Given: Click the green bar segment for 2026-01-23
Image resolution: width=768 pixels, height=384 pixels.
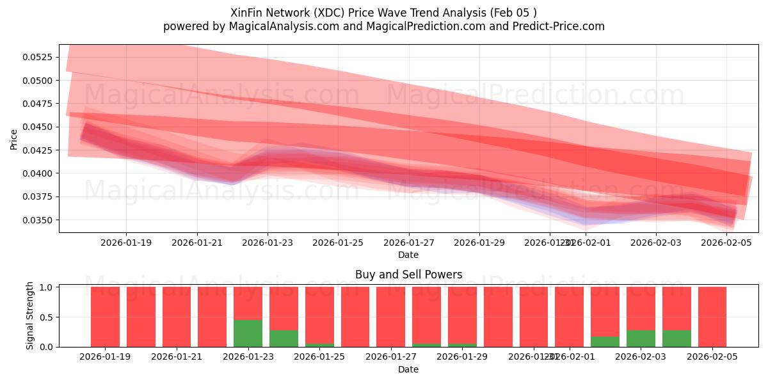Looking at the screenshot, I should tap(248, 333).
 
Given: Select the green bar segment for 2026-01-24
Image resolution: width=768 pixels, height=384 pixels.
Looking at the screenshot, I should tap(284, 338).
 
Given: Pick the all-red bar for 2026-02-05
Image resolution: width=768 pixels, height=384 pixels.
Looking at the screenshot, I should tap(712, 317).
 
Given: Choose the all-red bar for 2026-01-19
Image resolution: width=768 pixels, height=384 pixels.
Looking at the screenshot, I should tap(105, 317).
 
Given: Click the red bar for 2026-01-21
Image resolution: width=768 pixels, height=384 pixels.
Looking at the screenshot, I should tap(177, 317).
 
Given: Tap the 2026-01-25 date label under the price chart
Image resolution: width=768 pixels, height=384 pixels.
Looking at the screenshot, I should tap(338, 243).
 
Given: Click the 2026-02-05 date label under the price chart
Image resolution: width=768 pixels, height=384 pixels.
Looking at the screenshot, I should tap(726, 243).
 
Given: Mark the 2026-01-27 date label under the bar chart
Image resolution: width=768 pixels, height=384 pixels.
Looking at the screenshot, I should tap(390, 356).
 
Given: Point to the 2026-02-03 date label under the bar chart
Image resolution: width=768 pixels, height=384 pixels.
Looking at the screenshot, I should tap(641, 356).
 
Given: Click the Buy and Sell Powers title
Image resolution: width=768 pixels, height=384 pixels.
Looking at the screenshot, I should tap(408, 275).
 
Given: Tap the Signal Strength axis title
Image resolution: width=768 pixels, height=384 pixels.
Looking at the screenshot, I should tap(29, 316).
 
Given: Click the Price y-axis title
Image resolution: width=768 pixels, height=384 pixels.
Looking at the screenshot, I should tap(14, 139).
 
